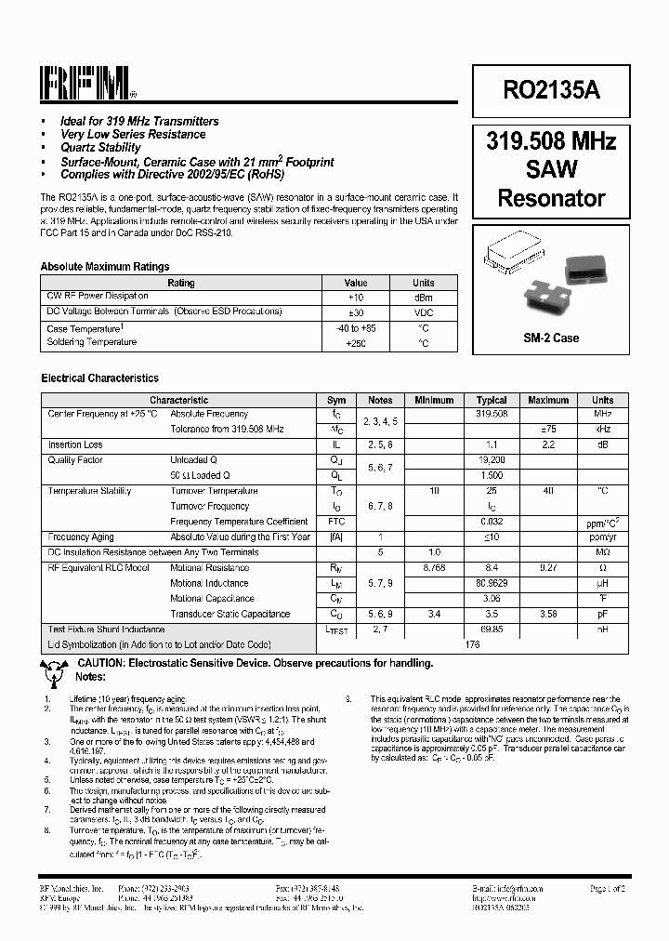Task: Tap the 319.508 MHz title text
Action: [551, 141]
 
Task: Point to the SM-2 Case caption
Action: [551, 338]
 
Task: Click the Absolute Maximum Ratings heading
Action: [104, 267]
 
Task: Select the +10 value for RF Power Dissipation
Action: [356, 297]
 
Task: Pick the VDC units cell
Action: [423, 312]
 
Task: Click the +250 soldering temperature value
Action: [356, 343]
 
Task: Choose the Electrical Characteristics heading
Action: [99, 378]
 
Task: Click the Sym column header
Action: [336, 400]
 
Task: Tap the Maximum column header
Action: [548, 400]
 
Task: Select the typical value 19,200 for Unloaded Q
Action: [492, 460]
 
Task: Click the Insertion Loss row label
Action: [75, 445]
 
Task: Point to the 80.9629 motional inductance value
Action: [492, 583]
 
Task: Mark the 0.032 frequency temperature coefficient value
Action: [492, 522]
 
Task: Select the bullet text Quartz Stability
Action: [100, 148]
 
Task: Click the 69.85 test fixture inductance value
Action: [492, 630]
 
